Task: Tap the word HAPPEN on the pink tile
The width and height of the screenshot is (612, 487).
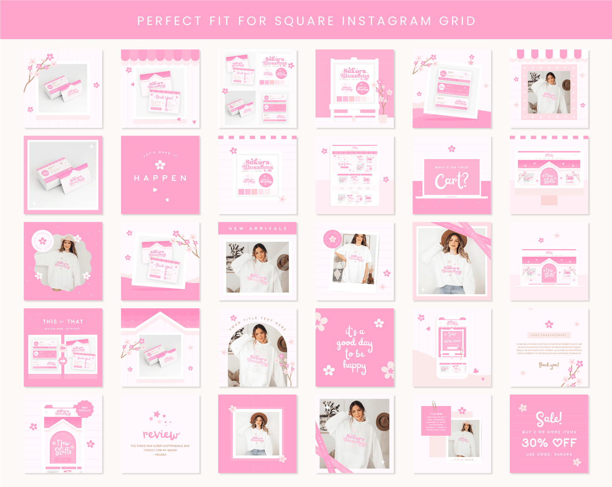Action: coord(160,178)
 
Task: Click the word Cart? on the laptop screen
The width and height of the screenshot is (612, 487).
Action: coord(451,181)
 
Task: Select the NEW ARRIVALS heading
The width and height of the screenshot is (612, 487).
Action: coord(258,229)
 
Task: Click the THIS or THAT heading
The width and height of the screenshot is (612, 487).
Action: coord(63,321)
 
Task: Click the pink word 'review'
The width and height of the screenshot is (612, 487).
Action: coord(161,434)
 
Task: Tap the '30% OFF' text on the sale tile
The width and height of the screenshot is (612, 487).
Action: coord(549,443)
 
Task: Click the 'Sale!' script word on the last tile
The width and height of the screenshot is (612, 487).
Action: coord(549,418)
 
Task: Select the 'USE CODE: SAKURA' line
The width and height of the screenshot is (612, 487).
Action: coord(549,454)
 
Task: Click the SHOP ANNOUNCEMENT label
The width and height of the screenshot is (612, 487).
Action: coord(549,335)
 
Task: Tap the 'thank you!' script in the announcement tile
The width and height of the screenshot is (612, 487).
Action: coord(549,365)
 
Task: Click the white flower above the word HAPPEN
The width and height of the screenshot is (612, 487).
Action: coord(160,164)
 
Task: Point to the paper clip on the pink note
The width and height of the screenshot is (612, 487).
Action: coord(434,404)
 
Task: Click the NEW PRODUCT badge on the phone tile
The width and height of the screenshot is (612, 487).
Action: coord(85,409)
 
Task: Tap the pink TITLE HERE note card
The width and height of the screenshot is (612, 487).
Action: coord(436,421)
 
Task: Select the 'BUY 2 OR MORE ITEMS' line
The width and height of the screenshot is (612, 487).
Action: coord(549,432)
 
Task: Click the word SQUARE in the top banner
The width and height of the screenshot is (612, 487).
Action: coord(304,21)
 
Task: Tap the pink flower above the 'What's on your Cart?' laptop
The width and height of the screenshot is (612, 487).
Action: coord(451,149)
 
